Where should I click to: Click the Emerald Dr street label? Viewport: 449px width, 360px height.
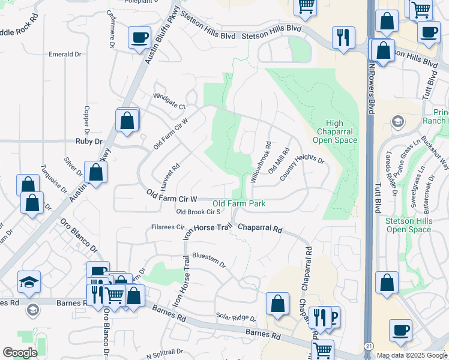(x=65, y=54)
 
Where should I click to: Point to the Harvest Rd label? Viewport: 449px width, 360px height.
(x=171, y=175)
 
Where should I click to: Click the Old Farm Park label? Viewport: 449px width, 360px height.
(x=239, y=204)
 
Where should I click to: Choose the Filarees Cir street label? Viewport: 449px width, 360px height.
(x=167, y=227)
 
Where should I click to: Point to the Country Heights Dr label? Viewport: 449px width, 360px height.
(x=301, y=166)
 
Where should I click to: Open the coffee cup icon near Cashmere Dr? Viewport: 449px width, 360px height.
(x=139, y=38)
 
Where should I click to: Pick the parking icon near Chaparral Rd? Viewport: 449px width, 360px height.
(x=333, y=316)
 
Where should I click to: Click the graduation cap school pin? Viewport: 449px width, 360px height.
(x=29, y=281)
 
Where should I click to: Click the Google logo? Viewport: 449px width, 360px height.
(x=20, y=353)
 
